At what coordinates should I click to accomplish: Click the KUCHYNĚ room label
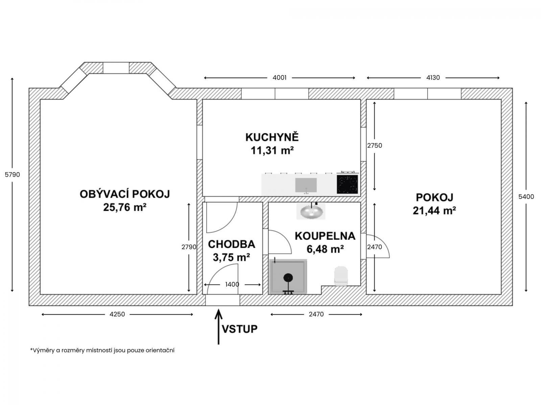click(272, 137)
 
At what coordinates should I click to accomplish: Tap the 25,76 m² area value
click(125, 207)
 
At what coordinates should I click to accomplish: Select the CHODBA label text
click(231, 244)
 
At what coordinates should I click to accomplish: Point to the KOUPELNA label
click(325, 236)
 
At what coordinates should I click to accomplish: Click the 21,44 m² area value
click(434, 211)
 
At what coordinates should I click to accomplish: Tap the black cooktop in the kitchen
click(347, 184)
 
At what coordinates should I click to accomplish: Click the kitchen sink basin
click(306, 185)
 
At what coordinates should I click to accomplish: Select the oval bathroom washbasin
click(311, 211)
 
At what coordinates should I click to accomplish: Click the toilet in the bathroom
click(341, 276)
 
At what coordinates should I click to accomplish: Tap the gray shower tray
click(288, 277)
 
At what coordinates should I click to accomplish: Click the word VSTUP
click(240, 329)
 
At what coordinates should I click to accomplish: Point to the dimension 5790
click(12, 174)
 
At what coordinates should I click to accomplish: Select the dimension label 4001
click(280, 78)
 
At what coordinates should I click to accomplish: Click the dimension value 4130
click(433, 78)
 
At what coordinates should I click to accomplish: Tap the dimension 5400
click(526, 196)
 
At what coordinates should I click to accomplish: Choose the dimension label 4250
click(117, 314)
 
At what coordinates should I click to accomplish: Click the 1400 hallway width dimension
click(232, 285)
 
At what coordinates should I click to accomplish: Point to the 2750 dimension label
click(375, 145)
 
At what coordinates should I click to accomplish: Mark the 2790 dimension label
click(189, 247)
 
